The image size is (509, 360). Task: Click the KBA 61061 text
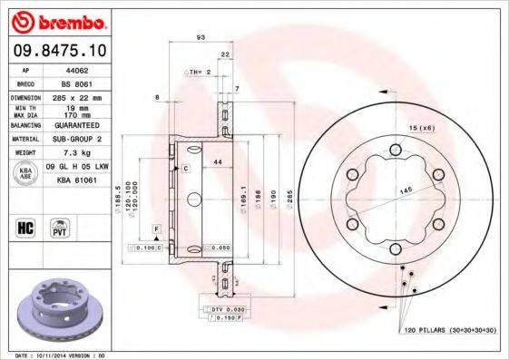tap(77, 180)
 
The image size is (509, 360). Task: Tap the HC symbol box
tap(25, 226)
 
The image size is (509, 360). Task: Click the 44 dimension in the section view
tap(217, 161)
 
